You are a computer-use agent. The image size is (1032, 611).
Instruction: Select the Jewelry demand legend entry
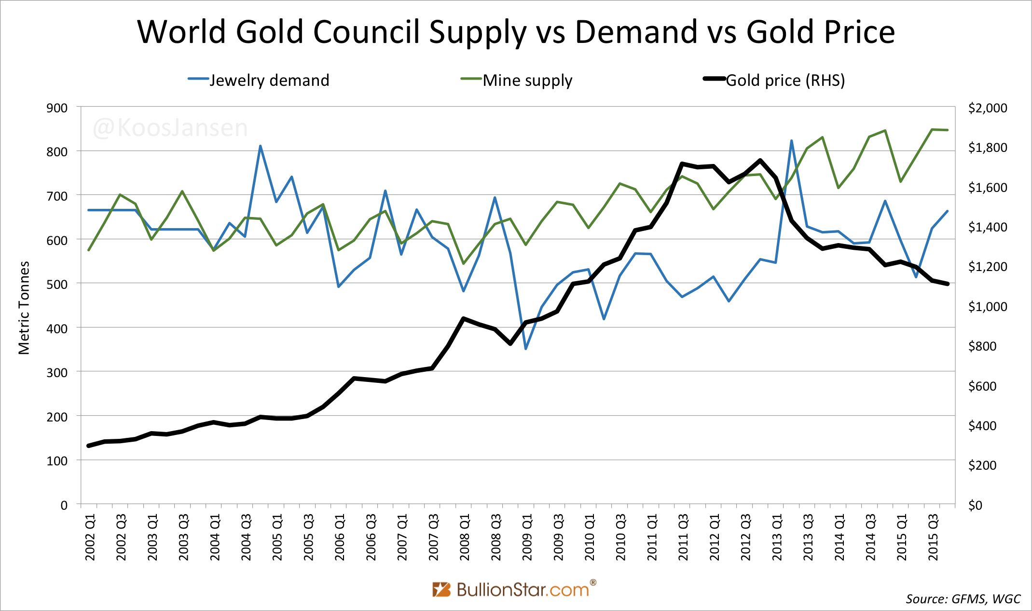point(259,80)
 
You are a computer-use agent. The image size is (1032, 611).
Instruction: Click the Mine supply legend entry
point(517,80)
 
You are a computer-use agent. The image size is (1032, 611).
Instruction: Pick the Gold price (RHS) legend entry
point(775,80)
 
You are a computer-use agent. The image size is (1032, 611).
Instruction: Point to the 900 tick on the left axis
point(57,108)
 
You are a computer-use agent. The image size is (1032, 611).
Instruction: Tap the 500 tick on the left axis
point(57,285)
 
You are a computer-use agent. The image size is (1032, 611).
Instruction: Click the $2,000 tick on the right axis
point(987,108)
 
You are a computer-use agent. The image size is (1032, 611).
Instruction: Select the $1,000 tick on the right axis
point(987,307)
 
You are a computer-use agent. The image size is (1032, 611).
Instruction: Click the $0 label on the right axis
point(975,505)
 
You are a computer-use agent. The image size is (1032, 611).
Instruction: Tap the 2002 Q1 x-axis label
point(90,537)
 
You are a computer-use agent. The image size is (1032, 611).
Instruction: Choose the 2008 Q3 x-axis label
point(496,537)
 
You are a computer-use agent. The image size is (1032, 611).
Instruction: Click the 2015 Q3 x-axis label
point(933,537)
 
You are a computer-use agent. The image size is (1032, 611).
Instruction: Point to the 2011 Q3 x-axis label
point(683,537)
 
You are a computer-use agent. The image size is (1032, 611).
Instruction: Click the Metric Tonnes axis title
point(24,308)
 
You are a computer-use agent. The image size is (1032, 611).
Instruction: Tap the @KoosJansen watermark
point(170,128)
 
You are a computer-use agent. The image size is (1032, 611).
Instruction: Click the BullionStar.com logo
point(514,589)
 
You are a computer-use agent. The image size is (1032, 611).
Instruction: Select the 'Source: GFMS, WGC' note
point(963,599)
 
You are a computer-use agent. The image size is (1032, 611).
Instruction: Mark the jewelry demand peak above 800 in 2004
point(261,146)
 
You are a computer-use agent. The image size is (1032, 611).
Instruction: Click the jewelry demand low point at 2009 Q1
point(526,349)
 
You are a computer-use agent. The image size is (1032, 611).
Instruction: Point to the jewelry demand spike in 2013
point(792,141)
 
